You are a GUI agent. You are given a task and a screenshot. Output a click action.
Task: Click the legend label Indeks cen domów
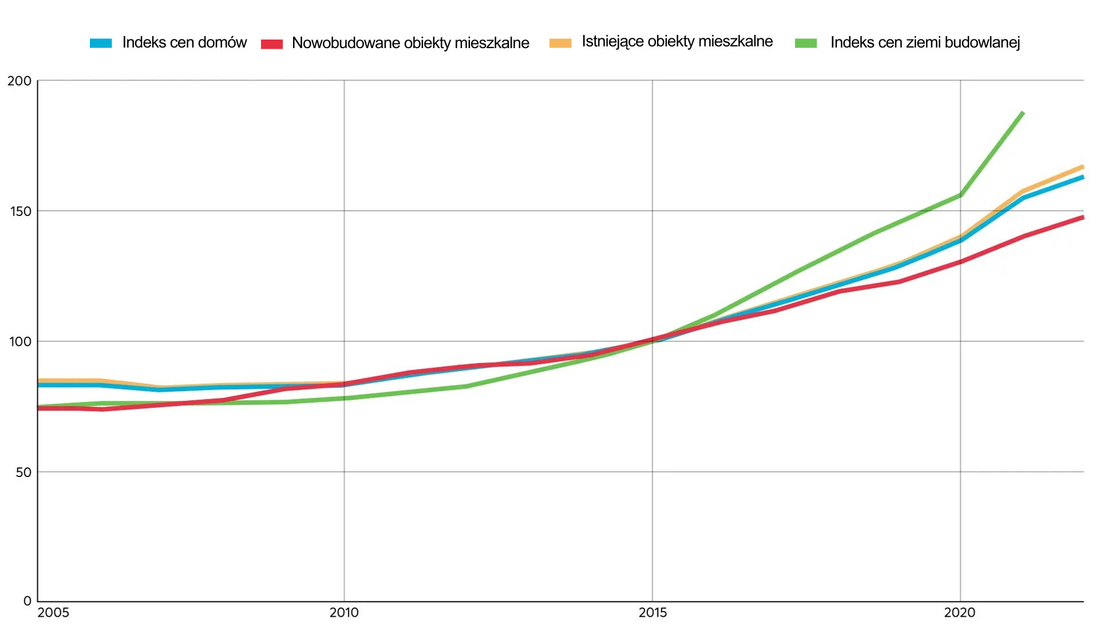pyautogui.click(x=184, y=42)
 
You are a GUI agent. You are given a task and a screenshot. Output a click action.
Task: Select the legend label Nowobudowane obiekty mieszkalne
pyautogui.click(x=410, y=43)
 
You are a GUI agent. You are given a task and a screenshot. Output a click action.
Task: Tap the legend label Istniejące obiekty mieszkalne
pyautogui.click(x=677, y=41)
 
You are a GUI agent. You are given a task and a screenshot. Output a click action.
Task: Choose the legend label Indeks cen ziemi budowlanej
pyautogui.click(x=925, y=42)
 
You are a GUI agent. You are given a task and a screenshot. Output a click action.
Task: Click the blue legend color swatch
pyautogui.click(x=101, y=43)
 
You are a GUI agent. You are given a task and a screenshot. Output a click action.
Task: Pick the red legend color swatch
pyautogui.click(x=272, y=44)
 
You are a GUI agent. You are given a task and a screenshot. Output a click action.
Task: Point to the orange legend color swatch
pyautogui.click(x=560, y=43)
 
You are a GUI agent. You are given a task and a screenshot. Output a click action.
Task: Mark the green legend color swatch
pyautogui.click(x=806, y=43)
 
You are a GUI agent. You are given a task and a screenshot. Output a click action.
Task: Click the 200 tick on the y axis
pyautogui.click(x=19, y=81)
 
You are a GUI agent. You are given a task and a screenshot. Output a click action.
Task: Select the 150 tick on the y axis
pyautogui.click(x=20, y=211)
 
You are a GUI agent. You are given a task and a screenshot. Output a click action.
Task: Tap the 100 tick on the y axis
pyautogui.click(x=20, y=342)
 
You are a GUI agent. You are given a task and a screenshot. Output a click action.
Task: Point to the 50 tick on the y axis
pyautogui.click(x=23, y=472)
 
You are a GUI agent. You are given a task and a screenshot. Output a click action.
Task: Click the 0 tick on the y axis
pyautogui.click(x=27, y=601)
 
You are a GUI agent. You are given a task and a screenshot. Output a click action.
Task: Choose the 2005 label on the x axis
pyautogui.click(x=53, y=613)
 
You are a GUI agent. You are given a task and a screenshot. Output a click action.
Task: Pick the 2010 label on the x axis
pyautogui.click(x=344, y=613)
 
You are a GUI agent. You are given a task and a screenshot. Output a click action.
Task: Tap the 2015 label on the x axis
pyautogui.click(x=653, y=613)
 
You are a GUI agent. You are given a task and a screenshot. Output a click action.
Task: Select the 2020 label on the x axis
pyautogui.click(x=960, y=613)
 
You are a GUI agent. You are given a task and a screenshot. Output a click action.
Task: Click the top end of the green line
pyautogui.click(x=1023, y=113)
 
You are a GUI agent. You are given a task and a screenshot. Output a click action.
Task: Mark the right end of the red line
pyautogui.click(x=1083, y=218)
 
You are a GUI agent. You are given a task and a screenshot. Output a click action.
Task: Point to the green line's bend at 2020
pyautogui.click(x=960, y=195)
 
